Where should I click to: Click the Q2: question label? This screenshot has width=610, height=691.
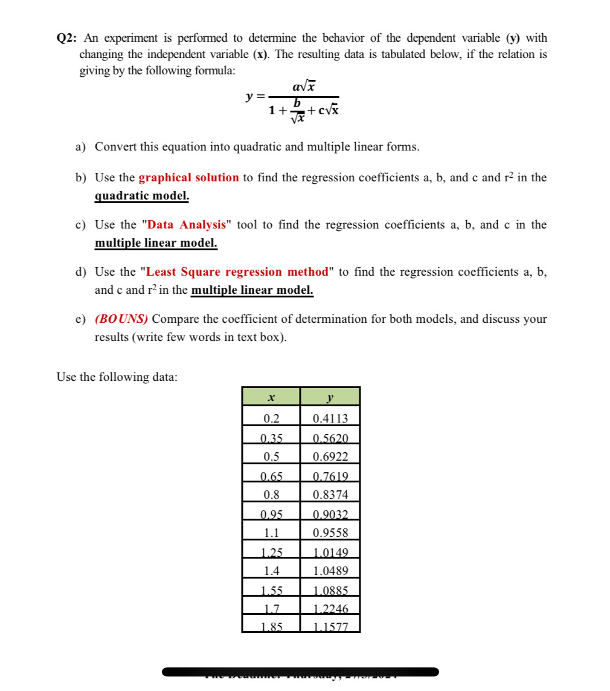(66, 38)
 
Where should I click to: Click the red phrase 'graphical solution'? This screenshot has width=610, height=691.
(188, 178)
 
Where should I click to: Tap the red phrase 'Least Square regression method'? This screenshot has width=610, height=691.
(238, 272)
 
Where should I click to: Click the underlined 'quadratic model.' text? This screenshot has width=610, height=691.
(142, 196)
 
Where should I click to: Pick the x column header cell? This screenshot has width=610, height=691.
(271, 397)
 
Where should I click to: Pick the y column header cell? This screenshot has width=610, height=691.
(330, 397)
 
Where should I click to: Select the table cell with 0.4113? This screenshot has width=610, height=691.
(330, 418)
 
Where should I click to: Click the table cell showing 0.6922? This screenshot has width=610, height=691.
(330, 456)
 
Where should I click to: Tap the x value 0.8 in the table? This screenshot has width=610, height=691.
(271, 495)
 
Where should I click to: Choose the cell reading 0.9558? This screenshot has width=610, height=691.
(330, 533)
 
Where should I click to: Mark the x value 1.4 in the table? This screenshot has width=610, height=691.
(271, 571)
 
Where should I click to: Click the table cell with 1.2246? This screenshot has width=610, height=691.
(330, 609)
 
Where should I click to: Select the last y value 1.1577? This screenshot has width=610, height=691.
(330, 627)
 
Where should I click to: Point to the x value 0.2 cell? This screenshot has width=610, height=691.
(271, 418)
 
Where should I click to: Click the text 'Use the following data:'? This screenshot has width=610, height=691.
(117, 377)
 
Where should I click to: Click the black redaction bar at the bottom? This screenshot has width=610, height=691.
(300, 672)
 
